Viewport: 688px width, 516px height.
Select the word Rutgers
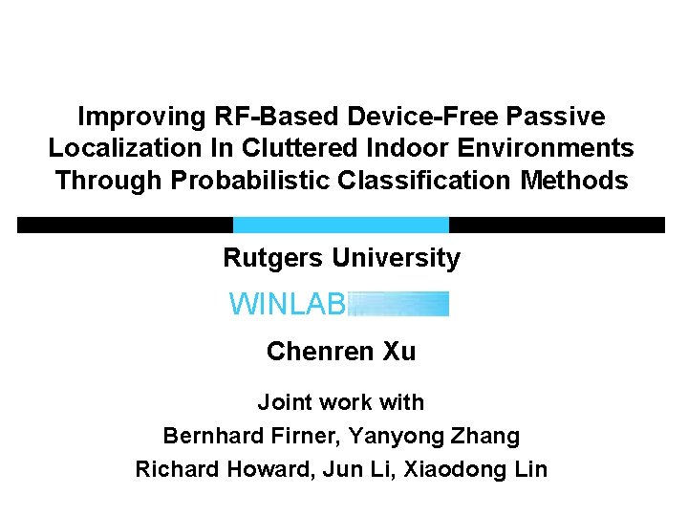click(272, 258)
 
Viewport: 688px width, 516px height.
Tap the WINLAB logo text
click(287, 305)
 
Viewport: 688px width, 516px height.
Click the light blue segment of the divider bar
click(340, 225)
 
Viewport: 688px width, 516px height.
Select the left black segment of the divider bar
click(124, 225)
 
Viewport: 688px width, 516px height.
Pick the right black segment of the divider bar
click(556, 225)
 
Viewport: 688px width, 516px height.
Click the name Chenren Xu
click(341, 352)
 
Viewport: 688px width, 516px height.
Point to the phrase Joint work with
click(340, 403)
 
